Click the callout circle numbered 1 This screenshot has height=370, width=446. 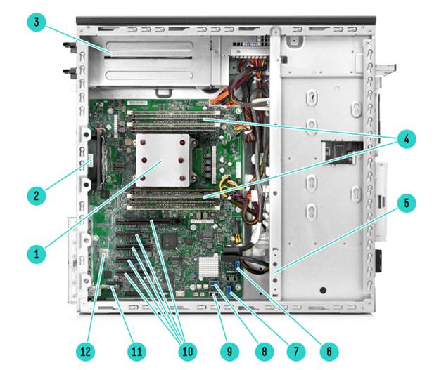click(x=37, y=253)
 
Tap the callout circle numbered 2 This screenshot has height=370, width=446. click(x=37, y=195)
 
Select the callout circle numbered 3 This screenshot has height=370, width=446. click(x=37, y=22)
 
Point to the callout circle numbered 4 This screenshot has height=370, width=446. click(x=407, y=139)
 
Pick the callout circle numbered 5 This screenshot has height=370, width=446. click(x=407, y=203)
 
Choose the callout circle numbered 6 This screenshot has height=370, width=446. click(x=329, y=352)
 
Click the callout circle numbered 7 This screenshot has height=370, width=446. click(x=296, y=352)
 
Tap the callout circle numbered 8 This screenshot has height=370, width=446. click(x=264, y=352)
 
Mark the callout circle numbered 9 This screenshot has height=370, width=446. click(x=230, y=352)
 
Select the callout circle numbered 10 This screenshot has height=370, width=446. click(x=187, y=352)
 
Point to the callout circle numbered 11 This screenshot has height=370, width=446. click(x=136, y=352)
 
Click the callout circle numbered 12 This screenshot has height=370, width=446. click(x=86, y=352)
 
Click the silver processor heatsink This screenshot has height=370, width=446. click(x=163, y=160)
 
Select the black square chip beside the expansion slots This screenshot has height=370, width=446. click(x=169, y=242)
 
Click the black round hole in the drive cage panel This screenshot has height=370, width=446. click(x=323, y=291)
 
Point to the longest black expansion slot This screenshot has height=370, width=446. click(x=148, y=221)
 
